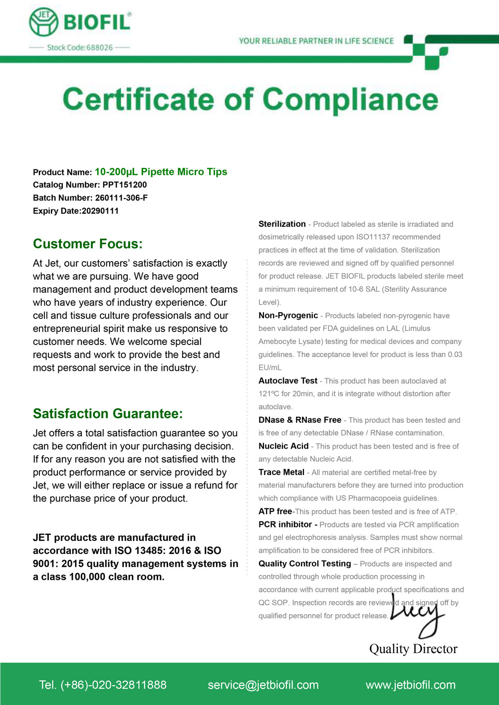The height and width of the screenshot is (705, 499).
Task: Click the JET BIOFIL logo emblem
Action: tap(44, 22)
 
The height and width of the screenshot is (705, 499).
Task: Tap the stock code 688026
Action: tap(99, 48)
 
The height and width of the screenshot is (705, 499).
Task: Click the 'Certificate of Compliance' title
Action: tap(250, 99)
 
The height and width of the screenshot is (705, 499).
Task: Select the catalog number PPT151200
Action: tap(125, 185)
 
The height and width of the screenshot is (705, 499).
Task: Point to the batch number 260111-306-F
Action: tap(121, 198)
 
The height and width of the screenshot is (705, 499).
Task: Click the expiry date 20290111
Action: tap(100, 211)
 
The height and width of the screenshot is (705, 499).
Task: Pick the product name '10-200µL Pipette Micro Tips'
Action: tap(161, 172)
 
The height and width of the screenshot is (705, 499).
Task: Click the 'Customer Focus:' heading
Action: tap(88, 244)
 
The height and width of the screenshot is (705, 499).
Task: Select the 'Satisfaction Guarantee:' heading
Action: tap(108, 414)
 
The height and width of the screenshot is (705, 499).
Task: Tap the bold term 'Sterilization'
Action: tap(282, 224)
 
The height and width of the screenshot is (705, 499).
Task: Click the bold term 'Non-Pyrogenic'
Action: tap(288, 316)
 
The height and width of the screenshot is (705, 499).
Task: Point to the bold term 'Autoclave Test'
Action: tap(288, 381)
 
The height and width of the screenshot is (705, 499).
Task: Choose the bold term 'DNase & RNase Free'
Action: tap(300, 420)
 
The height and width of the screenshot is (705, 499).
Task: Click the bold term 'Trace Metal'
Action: tap(281, 472)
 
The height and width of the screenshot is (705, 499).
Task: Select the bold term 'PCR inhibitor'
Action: tap(285, 525)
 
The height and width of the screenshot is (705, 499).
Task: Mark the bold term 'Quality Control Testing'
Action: tap(305, 563)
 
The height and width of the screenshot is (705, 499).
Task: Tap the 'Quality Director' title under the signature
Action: tap(413, 649)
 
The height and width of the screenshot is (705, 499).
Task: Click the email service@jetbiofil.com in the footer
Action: tap(263, 685)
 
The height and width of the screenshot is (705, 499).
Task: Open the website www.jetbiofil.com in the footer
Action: tap(411, 685)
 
